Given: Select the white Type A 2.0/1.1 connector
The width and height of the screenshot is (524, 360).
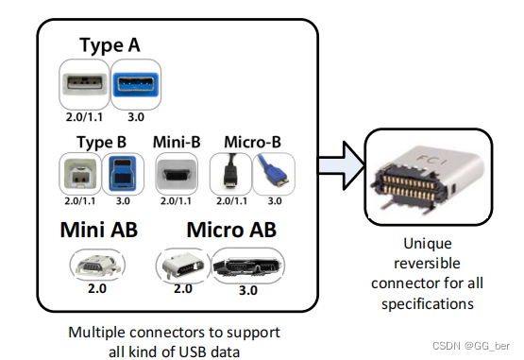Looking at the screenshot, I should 85,82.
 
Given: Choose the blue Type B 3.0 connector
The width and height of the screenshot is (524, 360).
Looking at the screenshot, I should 121,173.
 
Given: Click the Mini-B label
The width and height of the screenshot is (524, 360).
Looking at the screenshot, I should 175,143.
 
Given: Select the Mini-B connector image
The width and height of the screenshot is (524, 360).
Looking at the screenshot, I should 176,174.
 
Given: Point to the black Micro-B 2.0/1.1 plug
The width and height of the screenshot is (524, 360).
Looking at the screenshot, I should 228,173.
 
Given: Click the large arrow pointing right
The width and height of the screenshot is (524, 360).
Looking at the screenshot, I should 335,166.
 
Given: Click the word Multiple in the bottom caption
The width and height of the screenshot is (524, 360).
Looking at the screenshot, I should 99,333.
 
